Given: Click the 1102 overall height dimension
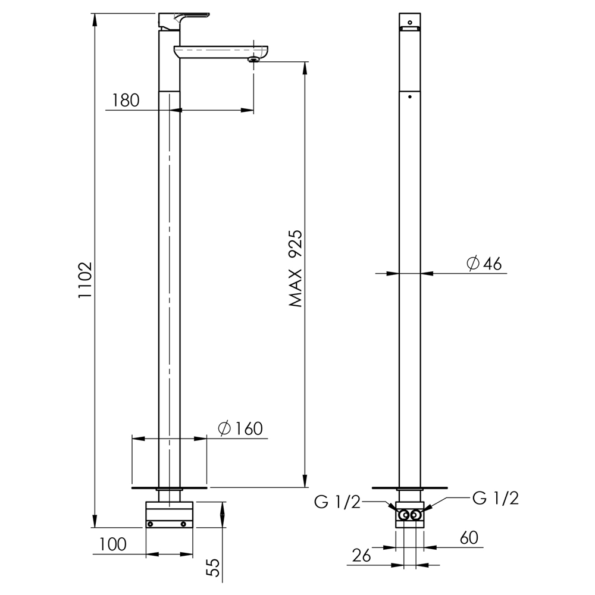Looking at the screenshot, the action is click(x=85, y=280).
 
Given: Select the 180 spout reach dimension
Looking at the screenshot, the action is click(x=126, y=101).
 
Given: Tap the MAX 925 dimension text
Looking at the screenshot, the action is click(x=295, y=268).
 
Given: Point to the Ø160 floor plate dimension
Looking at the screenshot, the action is click(x=240, y=428).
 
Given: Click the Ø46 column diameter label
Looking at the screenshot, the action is click(x=484, y=263).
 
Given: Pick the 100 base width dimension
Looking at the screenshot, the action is click(x=112, y=544).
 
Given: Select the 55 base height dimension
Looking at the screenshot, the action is click(x=215, y=567).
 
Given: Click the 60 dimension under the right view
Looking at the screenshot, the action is click(x=469, y=538).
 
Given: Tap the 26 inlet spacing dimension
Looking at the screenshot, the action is click(x=361, y=556).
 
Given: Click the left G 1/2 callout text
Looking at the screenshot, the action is click(x=337, y=502).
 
